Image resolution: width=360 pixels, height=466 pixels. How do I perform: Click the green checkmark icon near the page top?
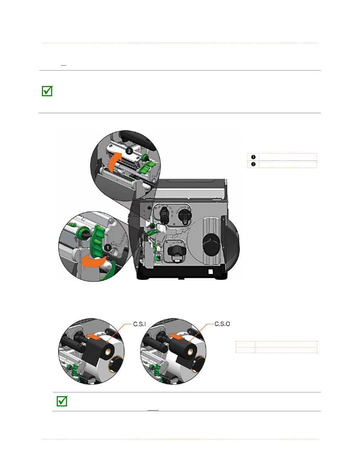pos(47,91)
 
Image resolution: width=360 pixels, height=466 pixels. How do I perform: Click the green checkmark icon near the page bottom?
pos(62,401)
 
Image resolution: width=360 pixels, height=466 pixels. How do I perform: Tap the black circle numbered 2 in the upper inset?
pos(129,151)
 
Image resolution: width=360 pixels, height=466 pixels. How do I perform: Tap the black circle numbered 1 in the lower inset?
pos(108,248)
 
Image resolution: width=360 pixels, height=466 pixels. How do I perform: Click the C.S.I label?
pos(139,324)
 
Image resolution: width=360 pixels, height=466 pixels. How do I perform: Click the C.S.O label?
pos(222,324)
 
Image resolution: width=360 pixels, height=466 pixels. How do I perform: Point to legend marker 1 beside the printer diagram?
pos(253,157)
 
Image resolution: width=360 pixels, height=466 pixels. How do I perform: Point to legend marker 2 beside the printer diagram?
pos(253,164)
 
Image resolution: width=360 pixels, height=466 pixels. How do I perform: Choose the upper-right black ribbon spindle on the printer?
pos(185,215)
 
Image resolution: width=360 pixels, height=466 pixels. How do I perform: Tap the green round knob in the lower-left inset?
pos(81,234)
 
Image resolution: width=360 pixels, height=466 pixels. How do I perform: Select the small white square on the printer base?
pos(211,272)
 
